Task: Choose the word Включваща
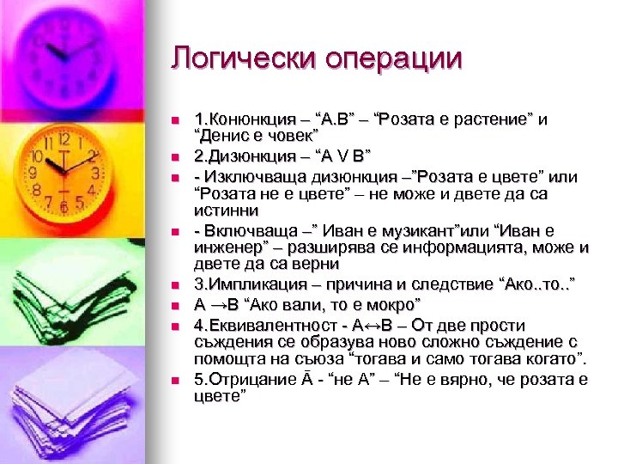coord(242,231)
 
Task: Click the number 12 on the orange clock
coord(64,138)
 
